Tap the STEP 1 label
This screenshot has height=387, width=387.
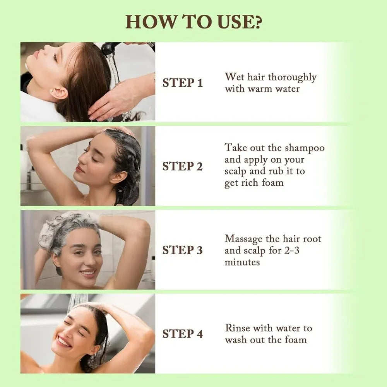[182, 83]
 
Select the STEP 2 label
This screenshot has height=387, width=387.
[182, 166]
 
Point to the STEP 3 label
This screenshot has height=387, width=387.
[182, 250]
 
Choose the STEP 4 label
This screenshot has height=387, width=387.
[182, 334]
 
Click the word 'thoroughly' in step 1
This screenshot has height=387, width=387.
[292, 77]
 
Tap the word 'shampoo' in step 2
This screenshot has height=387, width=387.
[305, 148]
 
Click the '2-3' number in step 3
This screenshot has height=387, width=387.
[291, 250]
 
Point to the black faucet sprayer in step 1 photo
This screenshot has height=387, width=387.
[111, 48]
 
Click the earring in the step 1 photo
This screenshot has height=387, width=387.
[51, 91]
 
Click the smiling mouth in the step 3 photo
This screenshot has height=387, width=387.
[87, 273]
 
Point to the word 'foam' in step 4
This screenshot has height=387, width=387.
[296, 340]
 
